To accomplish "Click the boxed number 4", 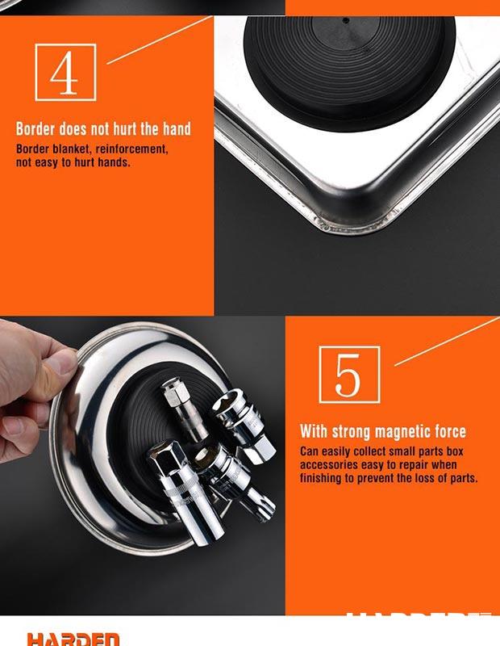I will tap(65, 73).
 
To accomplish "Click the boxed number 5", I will tap(348, 374).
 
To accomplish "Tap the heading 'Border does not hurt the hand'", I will tap(103, 129).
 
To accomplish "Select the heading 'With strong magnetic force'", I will tap(383, 431).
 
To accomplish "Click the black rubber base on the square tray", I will tap(347, 61).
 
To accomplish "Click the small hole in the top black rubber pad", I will tap(346, 19).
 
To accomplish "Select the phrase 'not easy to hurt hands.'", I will tap(73, 162).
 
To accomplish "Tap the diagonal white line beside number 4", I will tap(157, 40).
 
